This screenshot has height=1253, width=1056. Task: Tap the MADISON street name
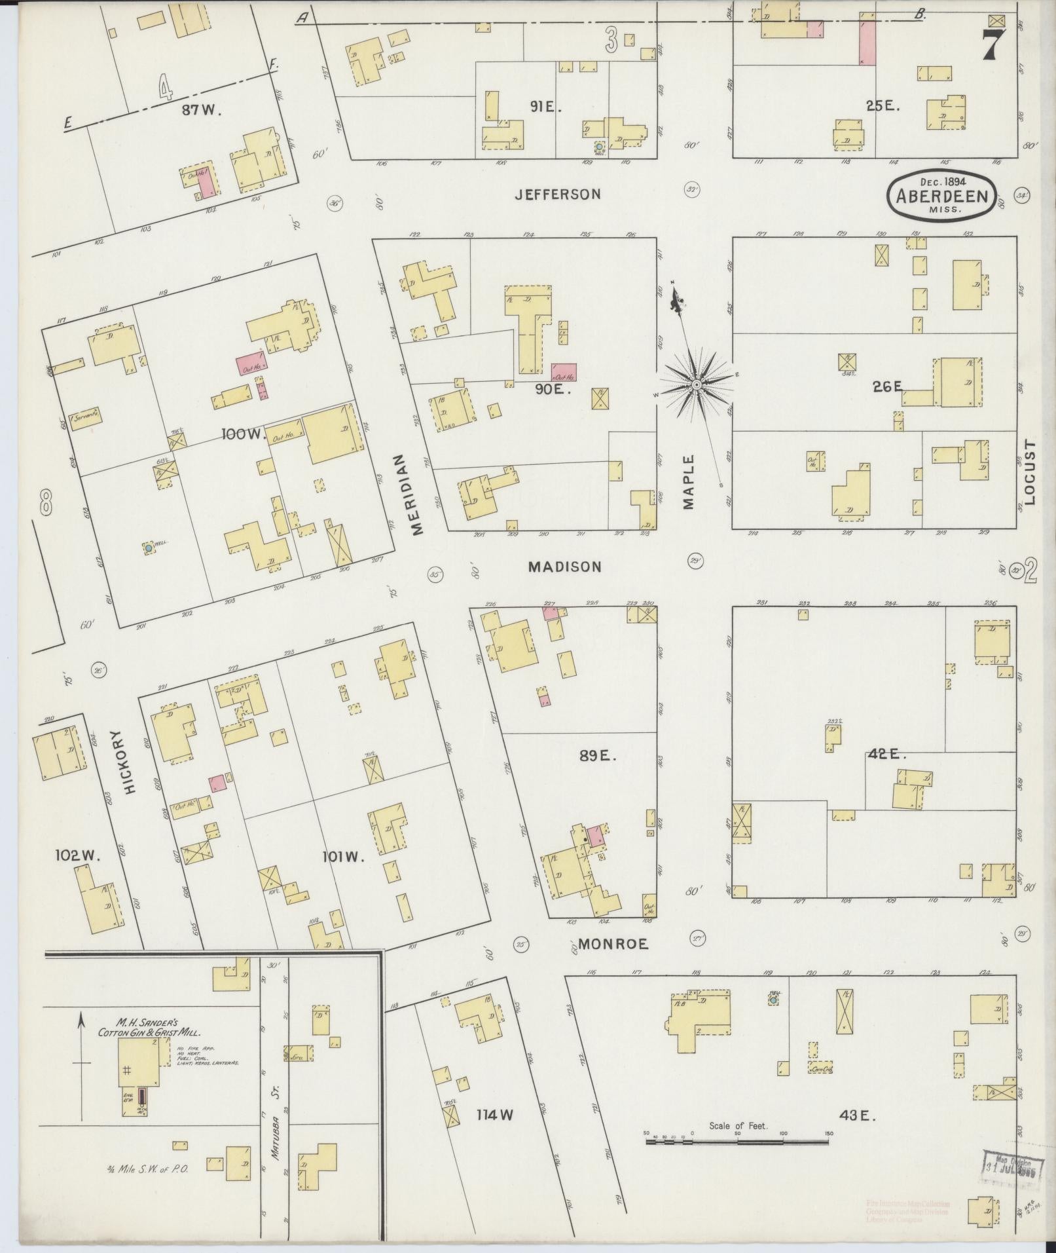(564, 567)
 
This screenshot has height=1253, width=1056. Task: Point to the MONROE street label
(612, 944)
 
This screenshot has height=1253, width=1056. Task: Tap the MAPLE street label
(689, 482)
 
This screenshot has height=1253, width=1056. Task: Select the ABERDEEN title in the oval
(943, 196)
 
